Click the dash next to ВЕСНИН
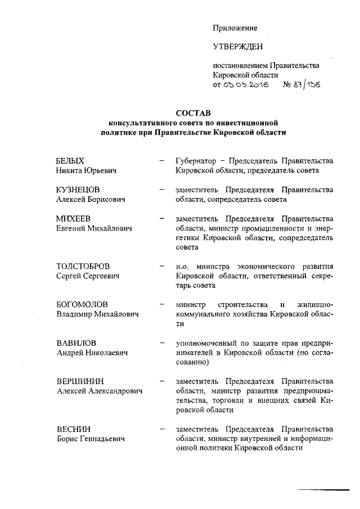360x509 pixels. click(x=163, y=429)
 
